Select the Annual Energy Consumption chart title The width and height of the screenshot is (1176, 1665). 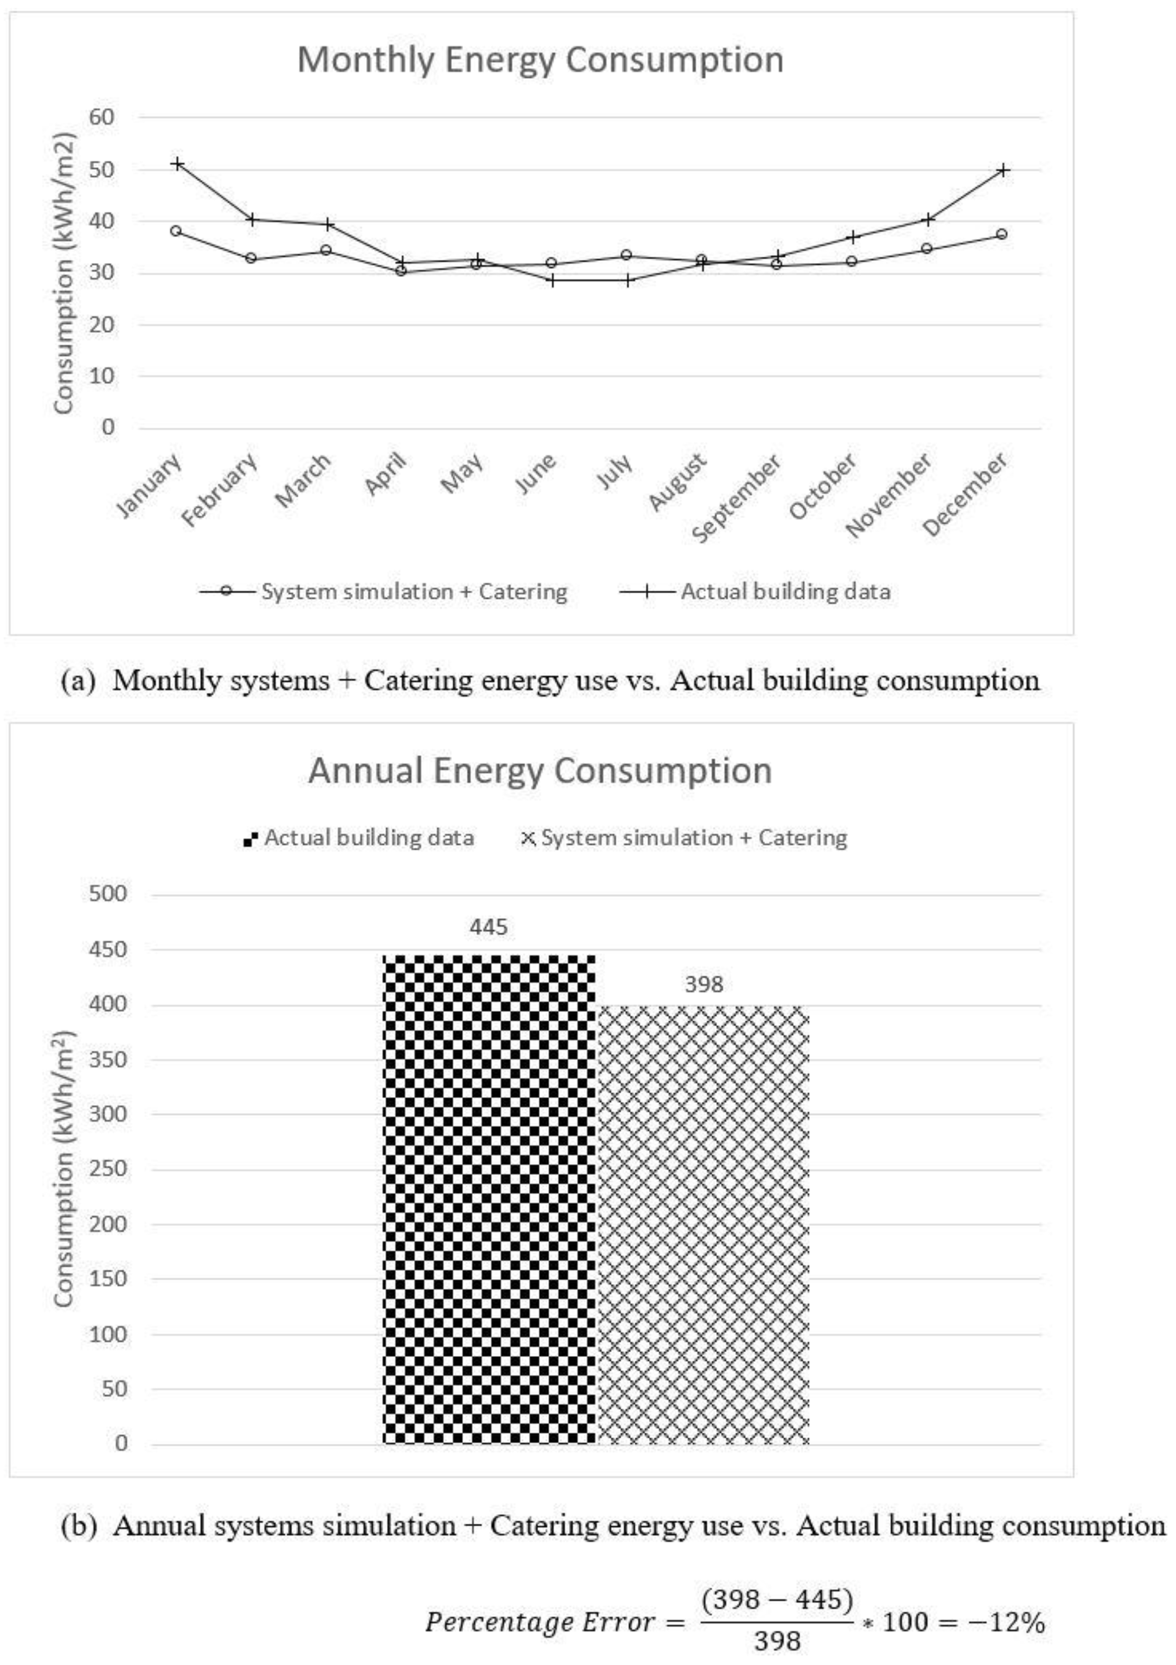540,770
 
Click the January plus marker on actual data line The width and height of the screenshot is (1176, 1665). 176,164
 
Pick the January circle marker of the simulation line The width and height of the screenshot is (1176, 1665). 176,231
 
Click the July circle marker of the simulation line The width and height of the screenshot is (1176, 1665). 627,255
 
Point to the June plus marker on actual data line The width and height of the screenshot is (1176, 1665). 553,280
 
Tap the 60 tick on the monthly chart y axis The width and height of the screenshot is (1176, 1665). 102,117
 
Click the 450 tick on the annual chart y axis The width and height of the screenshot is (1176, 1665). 108,949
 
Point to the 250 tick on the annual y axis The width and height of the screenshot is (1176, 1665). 108,1169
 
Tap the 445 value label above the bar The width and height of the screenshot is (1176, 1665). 489,927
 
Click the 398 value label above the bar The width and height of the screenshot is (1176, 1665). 704,984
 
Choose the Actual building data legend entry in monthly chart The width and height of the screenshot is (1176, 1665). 785,592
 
